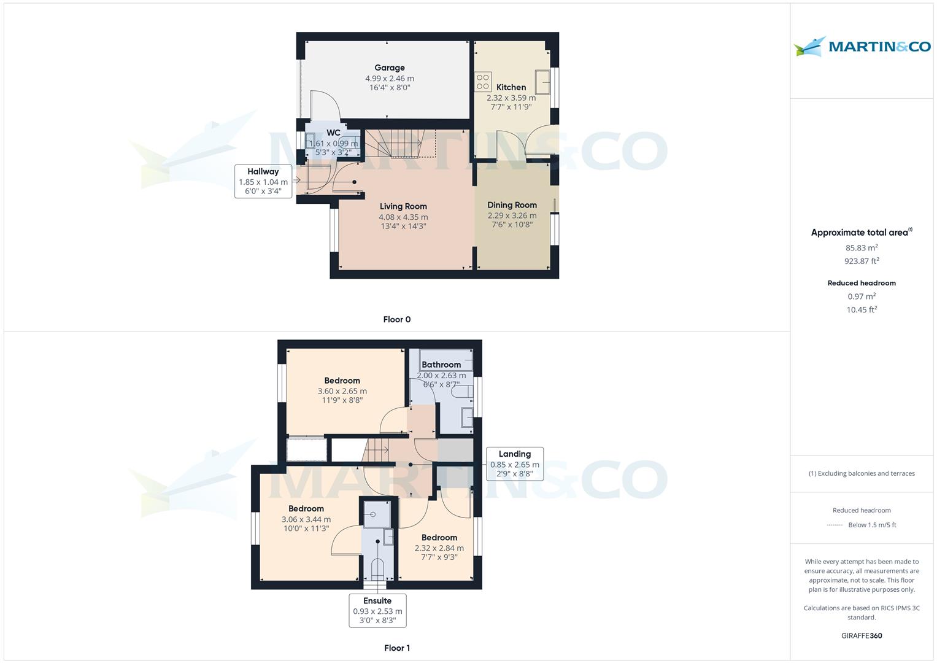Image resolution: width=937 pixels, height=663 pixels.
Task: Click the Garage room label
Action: (x=390, y=68)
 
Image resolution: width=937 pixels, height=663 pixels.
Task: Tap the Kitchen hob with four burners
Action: (x=483, y=82)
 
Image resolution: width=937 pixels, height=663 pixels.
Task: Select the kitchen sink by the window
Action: (x=542, y=82)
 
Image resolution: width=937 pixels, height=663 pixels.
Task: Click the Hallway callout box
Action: (x=263, y=181)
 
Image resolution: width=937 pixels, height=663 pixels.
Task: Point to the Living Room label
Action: (x=403, y=206)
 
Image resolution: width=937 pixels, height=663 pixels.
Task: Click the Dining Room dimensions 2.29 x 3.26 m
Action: (x=512, y=215)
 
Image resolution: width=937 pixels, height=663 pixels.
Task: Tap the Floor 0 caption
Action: (x=397, y=319)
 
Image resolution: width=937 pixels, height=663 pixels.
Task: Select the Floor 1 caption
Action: (x=397, y=648)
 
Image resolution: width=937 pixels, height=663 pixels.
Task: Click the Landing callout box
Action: (x=514, y=463)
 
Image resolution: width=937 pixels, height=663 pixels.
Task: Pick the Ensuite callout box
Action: (x=377, y=610)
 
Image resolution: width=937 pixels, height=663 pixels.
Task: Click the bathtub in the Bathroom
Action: (x=446, y=360)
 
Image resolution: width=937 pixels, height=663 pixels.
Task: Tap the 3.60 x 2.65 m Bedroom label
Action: (x=342, y=390)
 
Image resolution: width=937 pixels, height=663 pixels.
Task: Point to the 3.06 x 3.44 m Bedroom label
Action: (x=306, y=518)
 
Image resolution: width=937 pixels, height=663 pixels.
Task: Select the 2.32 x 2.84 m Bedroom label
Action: (x=439, y=547)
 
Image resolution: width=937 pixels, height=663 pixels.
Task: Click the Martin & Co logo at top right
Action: (x=862, y=46)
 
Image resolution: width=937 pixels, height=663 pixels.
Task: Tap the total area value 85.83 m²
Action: (x=862, y=247)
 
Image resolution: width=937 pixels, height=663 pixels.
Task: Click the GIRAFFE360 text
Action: (x=862, y=636)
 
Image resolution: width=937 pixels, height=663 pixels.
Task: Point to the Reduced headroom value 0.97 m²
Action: (x=862, y=296)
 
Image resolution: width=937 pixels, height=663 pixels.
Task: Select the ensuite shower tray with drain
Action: (x=377, y=514)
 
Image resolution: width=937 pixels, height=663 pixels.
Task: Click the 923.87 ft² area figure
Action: (x=862, y=261)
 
